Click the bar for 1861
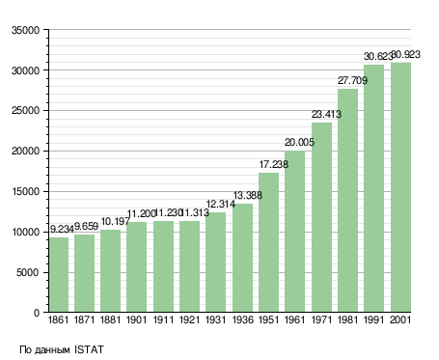click(59, 274)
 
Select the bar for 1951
click(268, 242)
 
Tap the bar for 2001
click(400, 187)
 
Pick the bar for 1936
click(242, 258)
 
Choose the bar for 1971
click(321, 217)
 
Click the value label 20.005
click(299, 142)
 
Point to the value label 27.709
click(352, 80)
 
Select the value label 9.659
click(86, 226)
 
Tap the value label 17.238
click(274, 164)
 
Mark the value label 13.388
click(248, 195)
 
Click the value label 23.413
click(326, 114)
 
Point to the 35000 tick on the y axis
click(25, 30)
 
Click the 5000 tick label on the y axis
click(28, 273)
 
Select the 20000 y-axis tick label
click(25, 152)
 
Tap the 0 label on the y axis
click(37, 313)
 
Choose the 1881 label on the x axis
click(110, 320)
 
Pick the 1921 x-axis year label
click(189, 320)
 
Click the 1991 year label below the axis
click(374, 320)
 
